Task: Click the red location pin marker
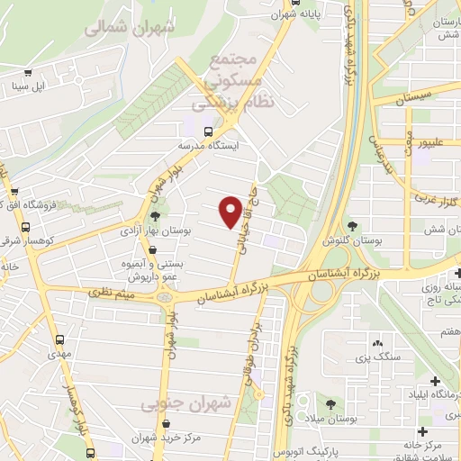click(231, 210)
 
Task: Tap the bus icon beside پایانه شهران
click(274, 14)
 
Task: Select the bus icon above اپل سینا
click(29, 73)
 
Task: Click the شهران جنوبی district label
click(186, 404)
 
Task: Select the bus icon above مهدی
click(59, 339)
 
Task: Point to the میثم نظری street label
click(112, 293)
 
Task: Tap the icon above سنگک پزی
click(376, 343)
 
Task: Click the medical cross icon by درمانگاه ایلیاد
click(436, 381)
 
